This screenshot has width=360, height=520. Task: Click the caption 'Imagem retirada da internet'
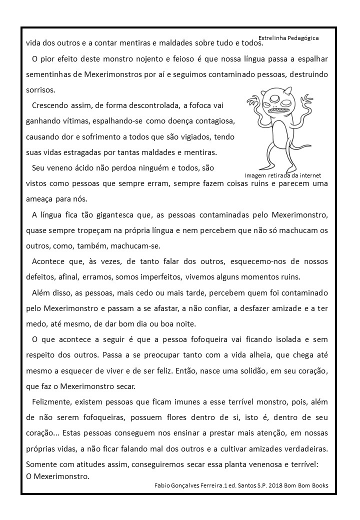(x=282, y=175)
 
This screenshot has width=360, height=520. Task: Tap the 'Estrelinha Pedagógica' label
(x=288, y=37)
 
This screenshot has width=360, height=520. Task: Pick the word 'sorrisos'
(x=40, y=90)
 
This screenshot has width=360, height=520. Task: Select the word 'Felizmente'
(x=52, y=402)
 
